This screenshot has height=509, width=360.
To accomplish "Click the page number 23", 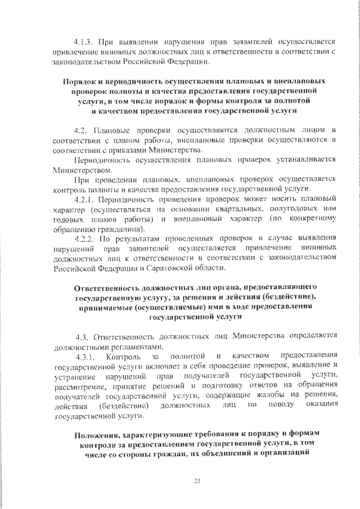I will tap(196, 480).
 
